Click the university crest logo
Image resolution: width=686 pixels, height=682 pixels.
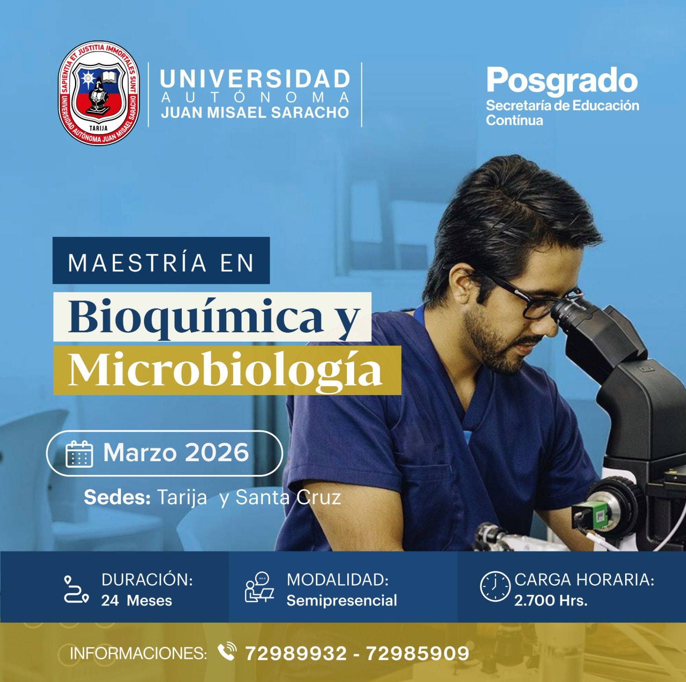(x=99, y=93)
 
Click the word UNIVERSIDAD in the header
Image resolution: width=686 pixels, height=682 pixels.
(x=255, y=79)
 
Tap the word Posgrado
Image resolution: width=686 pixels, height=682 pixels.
(x=562, y=81)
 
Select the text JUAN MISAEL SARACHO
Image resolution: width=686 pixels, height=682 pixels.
(x=255, y=112)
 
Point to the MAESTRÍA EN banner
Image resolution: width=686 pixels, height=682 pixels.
(x=161, y=260)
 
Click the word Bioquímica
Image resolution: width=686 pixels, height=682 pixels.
(x=196, y=317)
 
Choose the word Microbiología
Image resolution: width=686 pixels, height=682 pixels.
(x=225, y=370)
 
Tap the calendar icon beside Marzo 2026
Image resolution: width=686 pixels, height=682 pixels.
(x=79, y=454)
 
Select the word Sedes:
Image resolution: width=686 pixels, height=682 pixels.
(x=117, y=497)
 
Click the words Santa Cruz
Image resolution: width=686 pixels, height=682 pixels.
(x=288, y=497)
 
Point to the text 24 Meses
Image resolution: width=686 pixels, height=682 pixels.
(x=136, y=601)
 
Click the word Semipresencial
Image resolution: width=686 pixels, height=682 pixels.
(x=342, y=601)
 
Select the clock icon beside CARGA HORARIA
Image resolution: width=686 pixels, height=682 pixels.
(x=495, y=586)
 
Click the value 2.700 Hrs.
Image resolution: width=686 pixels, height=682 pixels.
(x=551, y=601)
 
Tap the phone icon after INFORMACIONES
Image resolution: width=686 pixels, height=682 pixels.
(x=227, y=652)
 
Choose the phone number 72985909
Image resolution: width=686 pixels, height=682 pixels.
(x=418, y=654)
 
